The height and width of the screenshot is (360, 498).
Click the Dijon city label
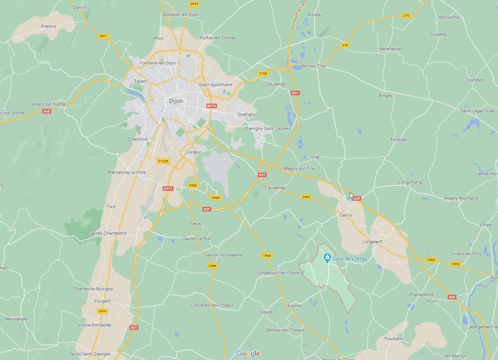tap(176, 101)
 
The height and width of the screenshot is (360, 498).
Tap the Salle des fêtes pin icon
tap(327, 258)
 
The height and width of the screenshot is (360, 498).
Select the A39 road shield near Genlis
tap(357, 198)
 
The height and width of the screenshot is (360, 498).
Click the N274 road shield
tap(211, 106)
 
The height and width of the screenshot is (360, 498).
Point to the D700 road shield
tap(263, 74)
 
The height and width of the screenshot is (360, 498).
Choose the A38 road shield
tap(47, 111)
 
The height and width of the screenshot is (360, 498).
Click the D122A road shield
tap(163, 161)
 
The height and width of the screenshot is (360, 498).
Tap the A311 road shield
tap(168, 189)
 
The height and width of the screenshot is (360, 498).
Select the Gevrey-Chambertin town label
tap(108, 233)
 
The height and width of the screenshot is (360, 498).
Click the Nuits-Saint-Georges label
tap(90, 354)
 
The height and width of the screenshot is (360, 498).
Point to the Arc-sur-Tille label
tap(313, 66)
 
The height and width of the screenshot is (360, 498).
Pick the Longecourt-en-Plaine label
tap(278, 273)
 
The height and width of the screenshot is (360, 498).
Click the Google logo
tap(248, 354)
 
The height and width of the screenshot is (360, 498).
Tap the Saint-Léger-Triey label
tap(477, 111)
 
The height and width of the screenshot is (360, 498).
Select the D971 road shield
tap(103, 36)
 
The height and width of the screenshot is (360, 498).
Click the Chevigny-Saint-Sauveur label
tap(268, 128)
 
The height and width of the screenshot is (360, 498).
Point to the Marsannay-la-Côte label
tap(127, 172)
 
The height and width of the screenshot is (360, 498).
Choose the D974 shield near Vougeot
tap(102, 311)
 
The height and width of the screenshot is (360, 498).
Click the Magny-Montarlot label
tap(461, 198)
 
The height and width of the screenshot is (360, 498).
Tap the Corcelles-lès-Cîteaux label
tap(212, 305)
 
